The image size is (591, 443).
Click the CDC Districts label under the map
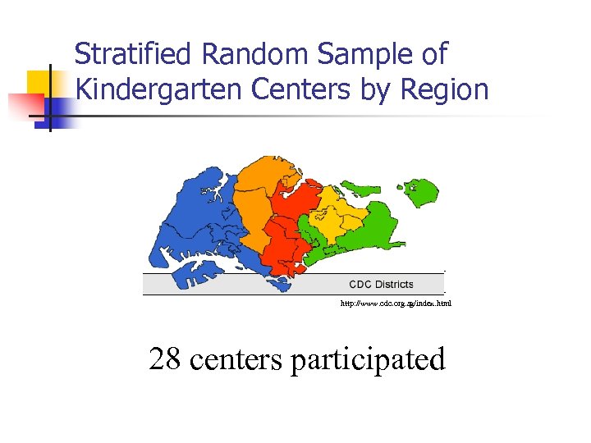click(381, 285)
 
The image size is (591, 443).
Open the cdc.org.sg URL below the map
click(396, 304)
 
